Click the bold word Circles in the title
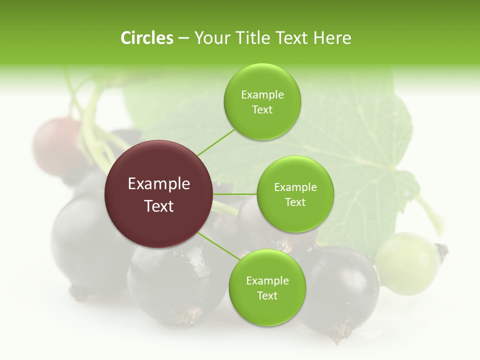pos(146,38)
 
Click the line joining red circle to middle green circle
pos(235,194)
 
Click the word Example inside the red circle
pos(159,184)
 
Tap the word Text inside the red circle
pos(159,206)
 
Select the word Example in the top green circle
pos(262,95)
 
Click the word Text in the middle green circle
pos(295,202)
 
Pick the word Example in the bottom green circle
pos(267,281)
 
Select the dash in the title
pos(183,38)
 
